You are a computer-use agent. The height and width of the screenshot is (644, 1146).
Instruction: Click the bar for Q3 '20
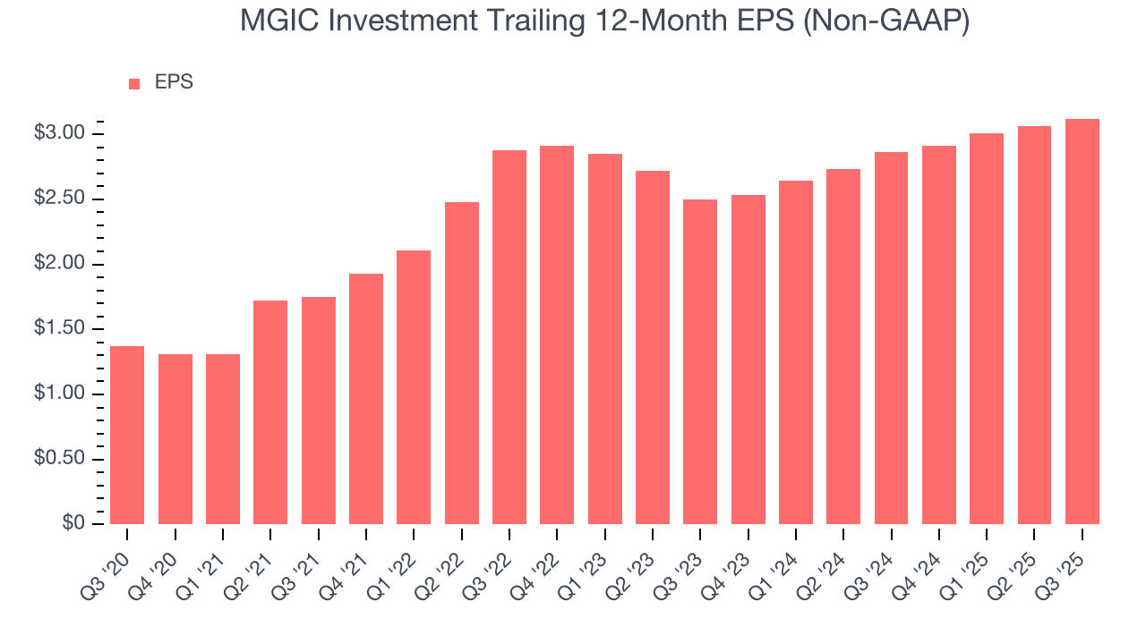(127, 435)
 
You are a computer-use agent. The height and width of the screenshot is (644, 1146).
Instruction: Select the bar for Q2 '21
(270, 412)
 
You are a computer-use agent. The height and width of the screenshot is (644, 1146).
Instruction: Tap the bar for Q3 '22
(509, 337)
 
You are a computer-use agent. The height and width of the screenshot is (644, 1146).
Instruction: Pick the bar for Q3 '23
(700, 361)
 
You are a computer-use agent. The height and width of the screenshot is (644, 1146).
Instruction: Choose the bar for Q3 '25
(1082, 321)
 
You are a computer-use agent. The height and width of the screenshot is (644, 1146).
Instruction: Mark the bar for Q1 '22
(414, 387)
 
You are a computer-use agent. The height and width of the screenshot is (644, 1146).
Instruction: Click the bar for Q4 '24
(939, 335)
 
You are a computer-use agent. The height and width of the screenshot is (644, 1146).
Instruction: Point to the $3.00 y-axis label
(59, 133)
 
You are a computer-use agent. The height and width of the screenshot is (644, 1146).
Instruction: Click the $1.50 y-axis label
(59, 329)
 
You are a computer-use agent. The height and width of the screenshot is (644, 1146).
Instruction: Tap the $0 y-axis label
(73, 524)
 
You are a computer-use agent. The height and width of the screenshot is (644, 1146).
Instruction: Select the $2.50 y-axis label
(59, 199)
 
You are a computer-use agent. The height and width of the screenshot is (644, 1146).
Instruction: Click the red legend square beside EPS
(134, 83)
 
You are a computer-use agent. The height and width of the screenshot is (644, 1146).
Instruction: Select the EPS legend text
(174, 82)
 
